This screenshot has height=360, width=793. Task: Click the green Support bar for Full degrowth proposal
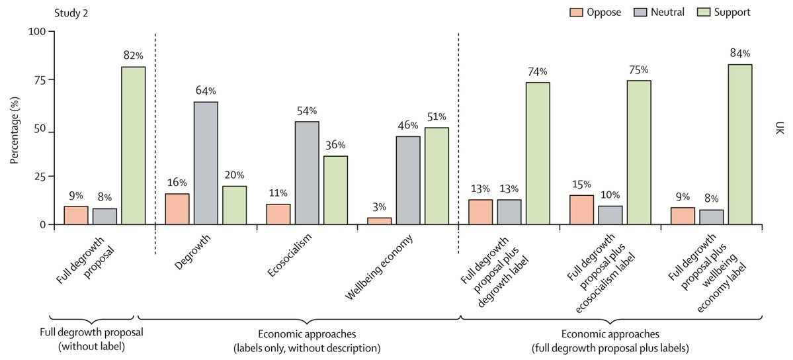[x=133, y=146]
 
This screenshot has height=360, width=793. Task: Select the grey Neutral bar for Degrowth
[x=206, y=163]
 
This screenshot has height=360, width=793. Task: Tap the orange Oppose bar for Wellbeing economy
[x=379, y=221]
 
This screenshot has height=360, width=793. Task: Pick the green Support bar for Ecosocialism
[x=335, y=190]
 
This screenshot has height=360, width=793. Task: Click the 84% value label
[x=739, y=53]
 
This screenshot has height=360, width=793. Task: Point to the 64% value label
[x=206, y=90]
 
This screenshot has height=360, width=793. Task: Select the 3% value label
[x=379, y=206]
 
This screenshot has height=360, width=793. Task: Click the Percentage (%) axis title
[x=15, y=128]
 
